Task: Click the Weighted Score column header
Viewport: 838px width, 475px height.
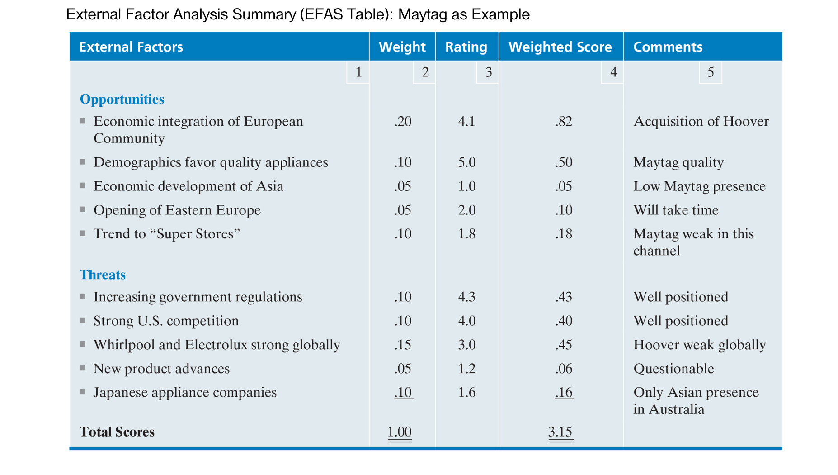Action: (x=560, y=47)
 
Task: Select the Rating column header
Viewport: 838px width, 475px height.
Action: (x=466, y=47)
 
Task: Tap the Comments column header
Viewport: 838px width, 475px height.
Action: (x=668, y=47)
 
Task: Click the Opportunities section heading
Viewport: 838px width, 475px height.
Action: (x=122, y=99)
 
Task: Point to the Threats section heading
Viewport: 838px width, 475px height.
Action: (x=103, y=275)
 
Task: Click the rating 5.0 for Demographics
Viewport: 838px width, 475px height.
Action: (x=466, y=162)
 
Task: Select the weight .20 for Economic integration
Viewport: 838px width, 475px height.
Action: (x=403, y=121)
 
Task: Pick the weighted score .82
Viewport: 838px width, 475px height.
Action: (x=564, y=121)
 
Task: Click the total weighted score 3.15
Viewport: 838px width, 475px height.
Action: (x=560, y=432)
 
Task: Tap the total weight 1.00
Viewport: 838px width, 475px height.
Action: (x=400, y=432)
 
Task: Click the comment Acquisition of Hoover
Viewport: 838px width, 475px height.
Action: (x=701, y=121)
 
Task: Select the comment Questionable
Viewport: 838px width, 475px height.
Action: (x=673, y=369)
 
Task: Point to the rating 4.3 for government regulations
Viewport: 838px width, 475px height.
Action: (x=466, y=297)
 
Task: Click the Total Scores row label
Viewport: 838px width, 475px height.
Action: (x=117, y=432)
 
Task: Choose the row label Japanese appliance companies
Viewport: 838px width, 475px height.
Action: (x=185, y=392)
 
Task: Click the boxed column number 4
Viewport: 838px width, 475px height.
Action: (x=613, y=72)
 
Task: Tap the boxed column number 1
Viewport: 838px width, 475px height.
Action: (x=358, y=72)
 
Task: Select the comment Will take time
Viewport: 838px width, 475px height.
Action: (x=676, y=210)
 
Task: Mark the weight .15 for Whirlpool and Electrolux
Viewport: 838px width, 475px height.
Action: (x=403, y=345)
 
